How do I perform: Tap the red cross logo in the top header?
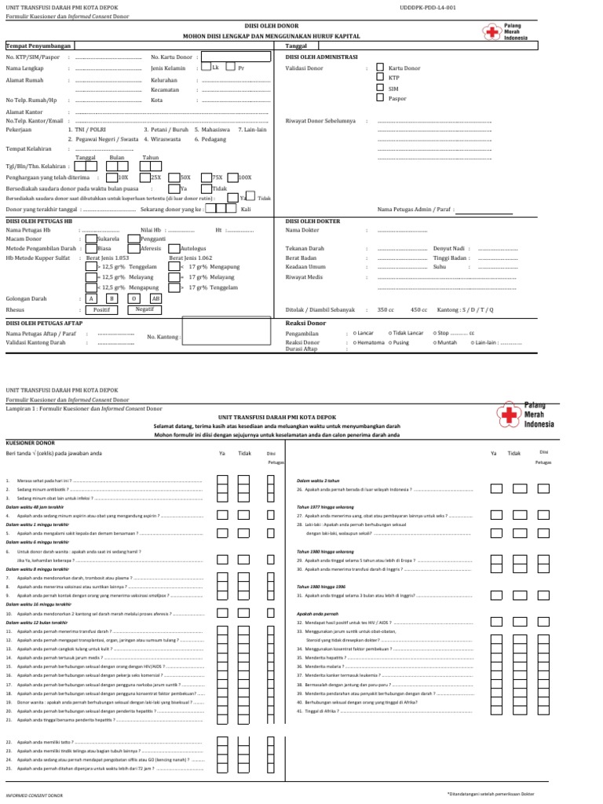(492, 31)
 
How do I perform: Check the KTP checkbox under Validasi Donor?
(380, 79)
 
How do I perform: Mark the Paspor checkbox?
(380, 99)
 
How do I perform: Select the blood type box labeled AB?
(155, 299)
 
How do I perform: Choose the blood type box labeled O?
(133, 299)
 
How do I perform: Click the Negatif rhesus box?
(144, 309)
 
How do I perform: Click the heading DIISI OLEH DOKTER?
(312, 221)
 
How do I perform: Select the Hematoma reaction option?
(369, 343)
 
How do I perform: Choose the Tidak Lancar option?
(407, 333)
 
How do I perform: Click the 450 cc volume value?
(418, 309)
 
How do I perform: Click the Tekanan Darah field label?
(305, 248)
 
